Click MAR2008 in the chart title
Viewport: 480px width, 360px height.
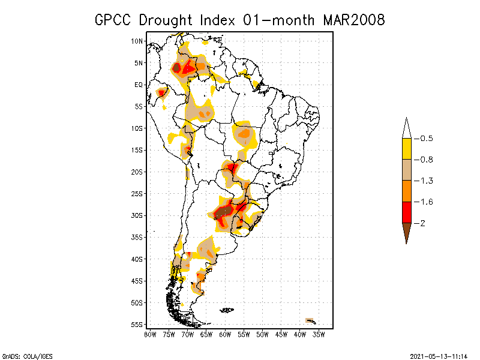pos(353,20)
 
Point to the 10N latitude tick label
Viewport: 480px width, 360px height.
pos(137,41)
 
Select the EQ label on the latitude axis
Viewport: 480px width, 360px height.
pos(139,85)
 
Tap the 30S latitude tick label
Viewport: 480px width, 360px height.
pos(137,215)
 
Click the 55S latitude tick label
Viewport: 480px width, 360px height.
pos(137,325)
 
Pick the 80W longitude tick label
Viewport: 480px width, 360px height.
pos(150,334)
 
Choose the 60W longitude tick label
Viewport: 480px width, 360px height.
pos(225,334)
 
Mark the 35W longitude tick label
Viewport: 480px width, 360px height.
pos(319,334)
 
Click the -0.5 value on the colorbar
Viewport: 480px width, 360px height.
pos(426,139)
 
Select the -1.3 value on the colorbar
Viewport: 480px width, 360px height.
pos(426,181)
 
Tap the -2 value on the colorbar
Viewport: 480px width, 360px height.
pos(423,223)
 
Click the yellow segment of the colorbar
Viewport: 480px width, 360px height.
pos(407,149)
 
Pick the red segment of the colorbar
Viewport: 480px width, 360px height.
pos(407,212)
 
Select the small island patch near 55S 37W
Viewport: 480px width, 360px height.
pos(310,320)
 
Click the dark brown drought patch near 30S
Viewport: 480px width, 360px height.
pos(224,211)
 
